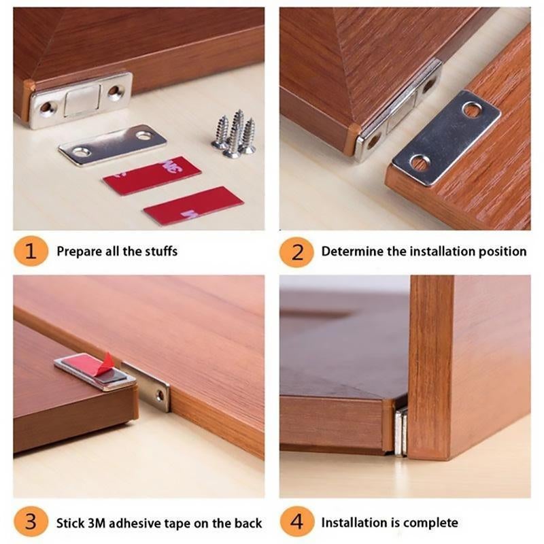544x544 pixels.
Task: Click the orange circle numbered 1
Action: pyautogui.click(x=31, y=252)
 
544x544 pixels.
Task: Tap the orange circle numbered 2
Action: pyautogui.click(x=296, y=252)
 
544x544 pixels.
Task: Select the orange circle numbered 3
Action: pyautogui.click(x=31, y=523)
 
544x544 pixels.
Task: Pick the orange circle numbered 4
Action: pyautogui.click(x=296, y=523)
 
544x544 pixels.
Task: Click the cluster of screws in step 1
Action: pyautogui.click(x=234, y=133)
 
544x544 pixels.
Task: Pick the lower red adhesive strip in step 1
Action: pyautogui.click(x=192, y=205)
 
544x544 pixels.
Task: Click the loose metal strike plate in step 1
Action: pyautogui.click(x=112, y=144)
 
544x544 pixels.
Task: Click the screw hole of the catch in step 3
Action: pyautogui.click(x=161, y=394)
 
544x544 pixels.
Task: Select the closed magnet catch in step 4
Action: pyautogui.click(x=401, y=431)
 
